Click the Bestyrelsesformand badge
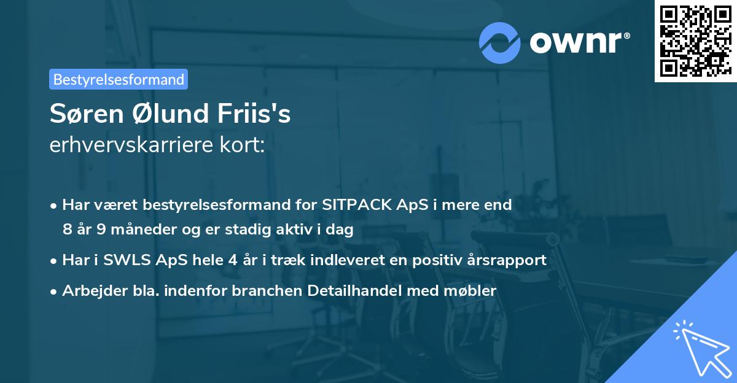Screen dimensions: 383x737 tap(119, 79)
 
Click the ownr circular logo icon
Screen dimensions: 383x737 tap(500, 42)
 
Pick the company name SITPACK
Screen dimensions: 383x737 tap(352, 205)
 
